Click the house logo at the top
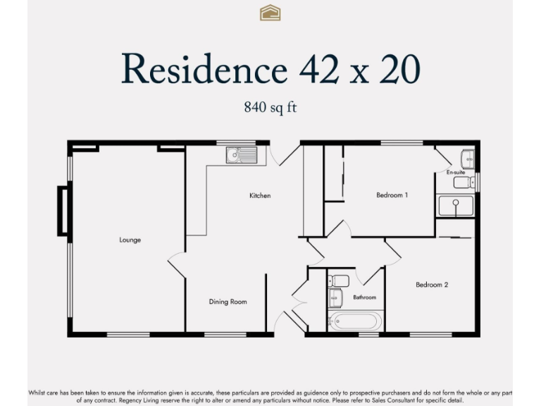[x=270, y=12]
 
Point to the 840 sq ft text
[x=270, y=108]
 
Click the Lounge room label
[x=130, y=240]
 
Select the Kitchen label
[x=260, y=195]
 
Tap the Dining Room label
[x=228, y=302]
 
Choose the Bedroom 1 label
[x=392, y=195]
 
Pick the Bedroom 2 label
[x=432, y=285]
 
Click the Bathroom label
[x=364, y=297]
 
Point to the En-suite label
[x=455, y=172]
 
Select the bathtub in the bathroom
[x=355, y=321]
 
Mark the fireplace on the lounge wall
[x=63, y=210]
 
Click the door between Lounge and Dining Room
[x=177, y=264]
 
